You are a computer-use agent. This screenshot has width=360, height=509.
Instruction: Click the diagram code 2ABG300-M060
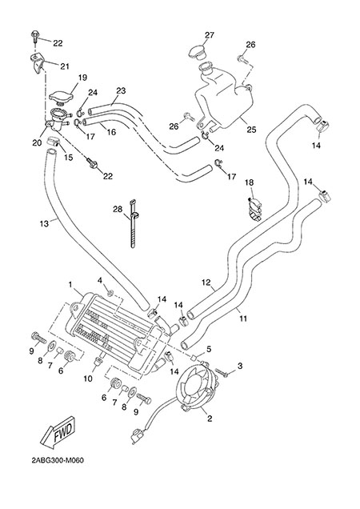coord(58,461)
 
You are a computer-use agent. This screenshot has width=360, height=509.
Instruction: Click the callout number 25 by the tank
coord(251,130)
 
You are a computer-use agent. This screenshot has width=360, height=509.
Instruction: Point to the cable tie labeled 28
coord(133,223)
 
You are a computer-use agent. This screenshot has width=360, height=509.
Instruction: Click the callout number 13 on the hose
coord(44,223)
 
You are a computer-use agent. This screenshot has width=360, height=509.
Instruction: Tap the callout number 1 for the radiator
coord(70,284)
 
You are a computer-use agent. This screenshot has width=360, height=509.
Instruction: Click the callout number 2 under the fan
coord(210,419)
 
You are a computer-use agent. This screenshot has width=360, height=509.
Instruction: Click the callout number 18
coord(249,182)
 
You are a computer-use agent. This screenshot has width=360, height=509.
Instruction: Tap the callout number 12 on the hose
coord(206,283)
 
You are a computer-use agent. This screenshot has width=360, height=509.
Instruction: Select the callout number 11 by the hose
coord(243,319)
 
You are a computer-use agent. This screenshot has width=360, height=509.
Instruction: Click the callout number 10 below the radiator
coord(88,379)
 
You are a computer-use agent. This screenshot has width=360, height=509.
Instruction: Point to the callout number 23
coord(121,90)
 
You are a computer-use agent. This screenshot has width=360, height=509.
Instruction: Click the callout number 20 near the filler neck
coord(37,142)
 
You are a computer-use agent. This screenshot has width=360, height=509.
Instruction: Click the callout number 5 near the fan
coord(209,349)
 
